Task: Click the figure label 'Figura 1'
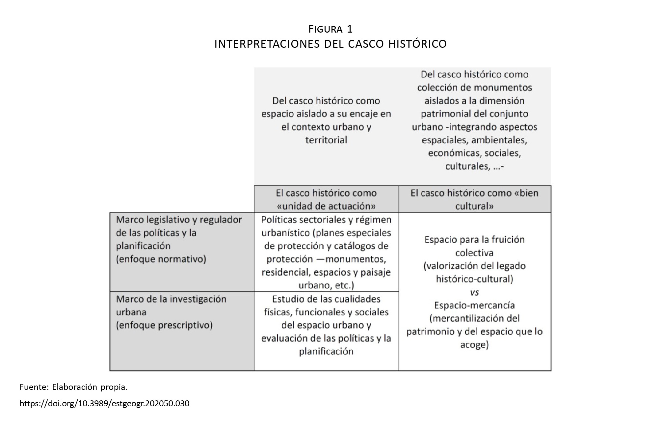pos(330,29)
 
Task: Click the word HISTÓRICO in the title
pos(417,44)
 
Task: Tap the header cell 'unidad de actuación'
pos(326,199)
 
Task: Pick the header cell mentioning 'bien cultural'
pos(475,199)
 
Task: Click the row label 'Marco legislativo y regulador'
pos(179,220)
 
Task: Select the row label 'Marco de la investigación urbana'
pos(171,305)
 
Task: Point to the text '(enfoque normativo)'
pos(161,259)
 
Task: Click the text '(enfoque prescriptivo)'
pos(164,325)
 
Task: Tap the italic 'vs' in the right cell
pos(474,292)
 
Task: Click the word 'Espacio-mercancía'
pos(474,305)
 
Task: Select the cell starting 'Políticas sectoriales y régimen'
pos(326,252)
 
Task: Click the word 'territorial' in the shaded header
pos(326,140)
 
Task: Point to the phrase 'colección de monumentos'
pos(474,87)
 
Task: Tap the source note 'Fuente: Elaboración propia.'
pos(73,387)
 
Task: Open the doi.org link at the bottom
pos(104,403)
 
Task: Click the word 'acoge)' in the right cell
pos(474,345)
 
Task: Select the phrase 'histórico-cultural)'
pos(474,279)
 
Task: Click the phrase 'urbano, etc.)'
pos(326,285)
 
